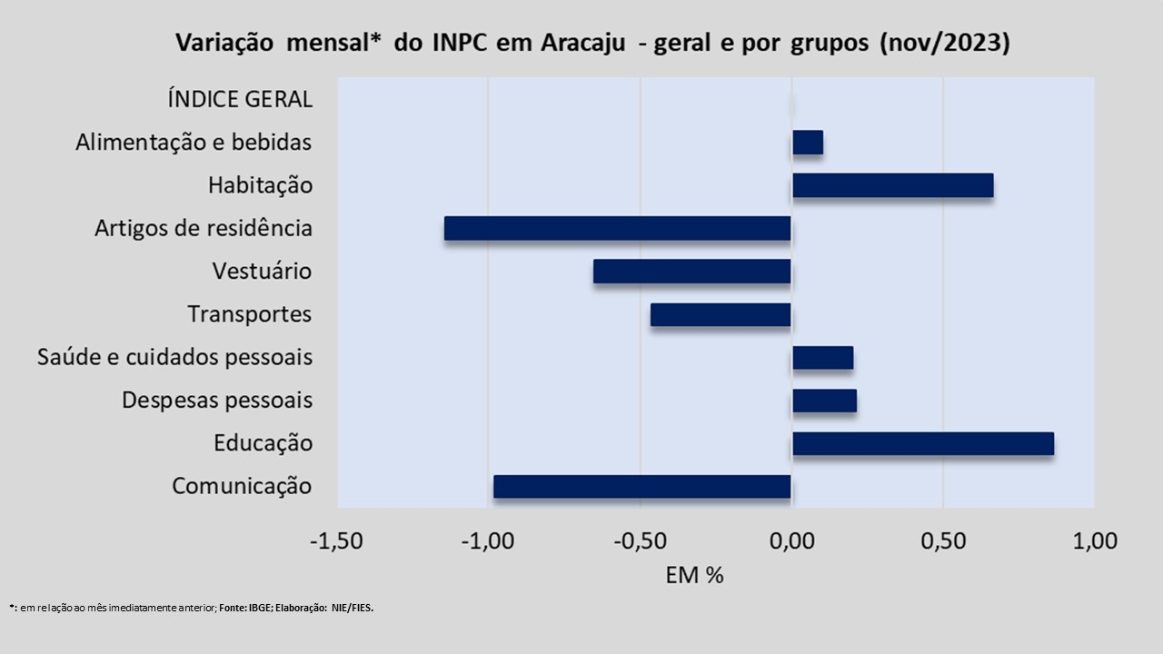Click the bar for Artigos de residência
[x=618, y=229]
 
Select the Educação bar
[x=923, y=443]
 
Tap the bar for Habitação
[x=892, y=185]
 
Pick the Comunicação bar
[x=642, y=487]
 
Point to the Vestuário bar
[x=692, y=272]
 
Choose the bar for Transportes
[x=721, y=314]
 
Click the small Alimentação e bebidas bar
[x=808, y=143]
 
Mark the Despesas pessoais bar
[x=824, y=401]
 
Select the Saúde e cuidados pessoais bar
[x=822, y=358]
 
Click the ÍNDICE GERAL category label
[x=240, y=99]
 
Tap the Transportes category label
[x=250, y=314]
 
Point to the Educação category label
[x=263, y=443]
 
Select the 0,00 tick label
[x=791, y=541]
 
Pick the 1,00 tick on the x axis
[x=1094, y=541]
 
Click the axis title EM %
[x=694, y=575]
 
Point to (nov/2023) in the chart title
[x=944, y=44]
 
